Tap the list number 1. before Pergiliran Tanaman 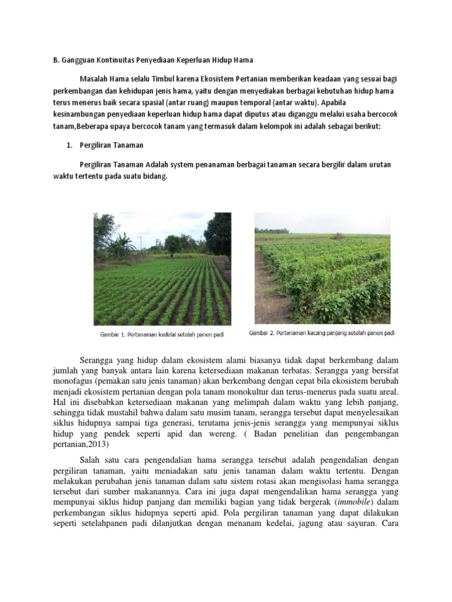tap(69, 144)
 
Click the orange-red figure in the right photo tap(338, 235)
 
